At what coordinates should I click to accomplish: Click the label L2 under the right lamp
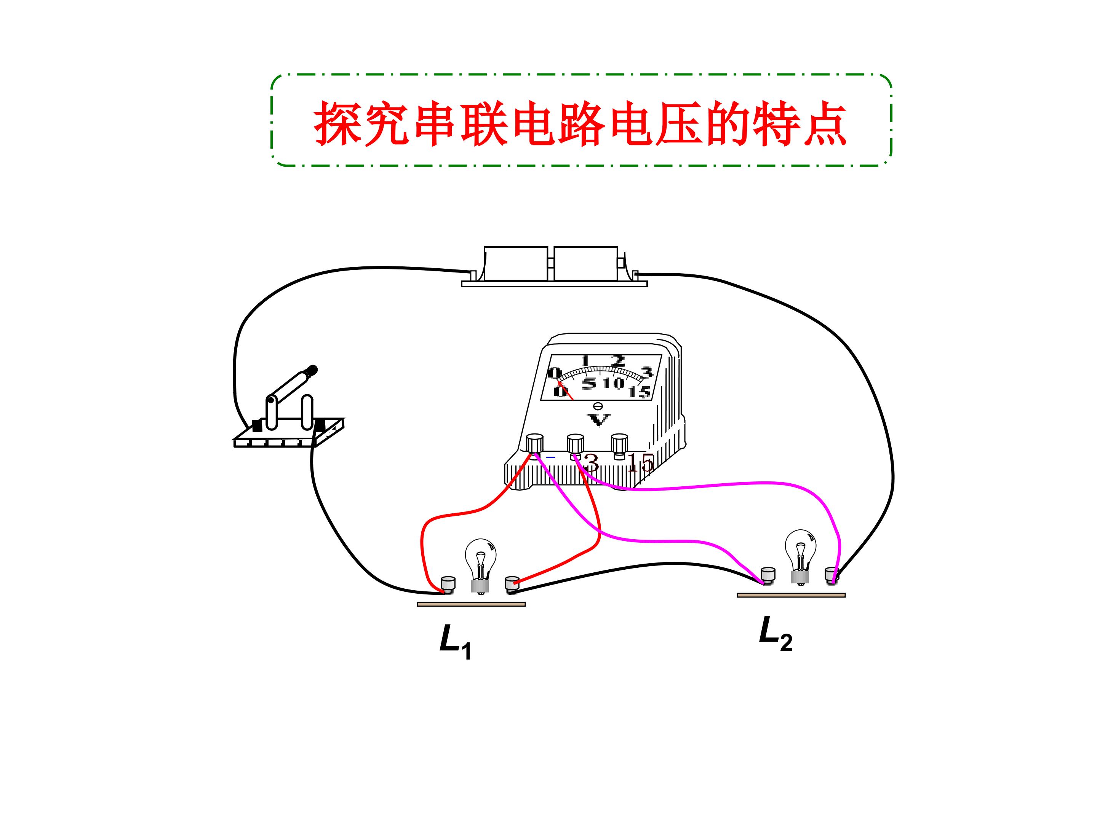point(776,634)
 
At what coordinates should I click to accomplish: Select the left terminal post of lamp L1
point(448,585)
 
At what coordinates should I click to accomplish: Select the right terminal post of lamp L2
point(832,576)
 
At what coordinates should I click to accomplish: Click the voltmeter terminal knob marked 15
point(619,443)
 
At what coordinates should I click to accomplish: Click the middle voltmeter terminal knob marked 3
point(575,443)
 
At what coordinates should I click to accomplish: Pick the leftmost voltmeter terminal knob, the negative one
point(535,443)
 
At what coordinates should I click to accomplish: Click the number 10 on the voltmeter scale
point(614,383)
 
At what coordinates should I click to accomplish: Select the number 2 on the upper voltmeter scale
point(618,361)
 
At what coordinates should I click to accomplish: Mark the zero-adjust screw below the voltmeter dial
point(598,406)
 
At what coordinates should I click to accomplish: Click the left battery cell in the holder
point(516,264)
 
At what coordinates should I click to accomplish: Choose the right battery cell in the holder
point(586,264)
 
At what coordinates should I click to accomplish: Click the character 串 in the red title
point(435,124)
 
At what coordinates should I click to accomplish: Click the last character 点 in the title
point(825,124)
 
